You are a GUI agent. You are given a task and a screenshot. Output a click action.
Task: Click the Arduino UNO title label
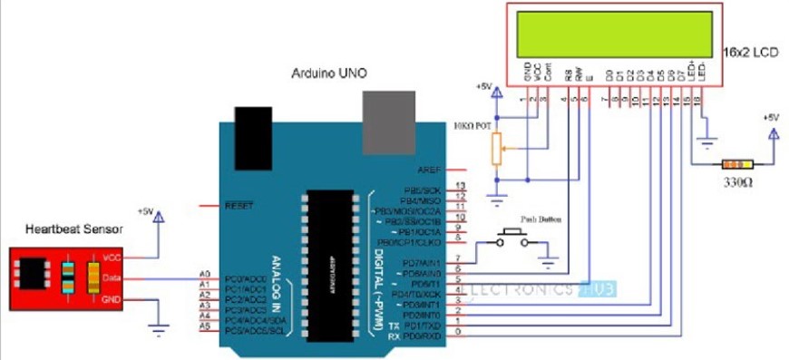click(x=329, y=72)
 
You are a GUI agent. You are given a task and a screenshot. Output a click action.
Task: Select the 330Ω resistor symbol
click(x=735, y=165)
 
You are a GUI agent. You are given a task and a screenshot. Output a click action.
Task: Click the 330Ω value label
click(x=735, y=182)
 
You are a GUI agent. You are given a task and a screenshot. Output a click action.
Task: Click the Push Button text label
click(x=536, y=219)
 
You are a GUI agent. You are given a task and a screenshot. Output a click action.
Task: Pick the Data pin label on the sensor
click(x=112, y=278)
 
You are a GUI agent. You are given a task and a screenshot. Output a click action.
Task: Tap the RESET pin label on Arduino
click(x=238, y=206)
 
